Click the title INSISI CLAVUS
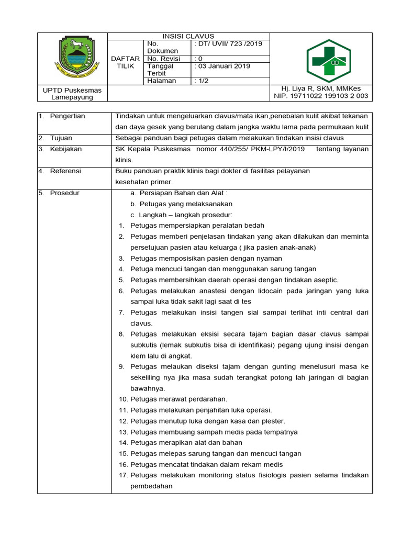pyautogui.click(x=188, y=36)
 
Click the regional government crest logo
pyautogui.click(x=77, y=55)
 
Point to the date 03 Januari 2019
pyautogui.click(x=222, y=66)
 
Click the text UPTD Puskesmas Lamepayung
pyautogui.click(x=72, y=94)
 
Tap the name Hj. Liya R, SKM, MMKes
pyautogui.click(x=321, y=88)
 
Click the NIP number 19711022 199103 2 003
pyautogui.click(x=321, y=96)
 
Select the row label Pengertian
pyautogui.click(x=67, y=116)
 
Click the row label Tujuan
pyautogui.click(x=61, y=138)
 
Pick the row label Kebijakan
pyautogui.click(x=65, y=149)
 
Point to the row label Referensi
pyautogui.click(x=65, y=171)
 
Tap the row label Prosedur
pyautogui.click(x=64, y=193)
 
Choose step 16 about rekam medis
pyautogui.click(x=206, y=465)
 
